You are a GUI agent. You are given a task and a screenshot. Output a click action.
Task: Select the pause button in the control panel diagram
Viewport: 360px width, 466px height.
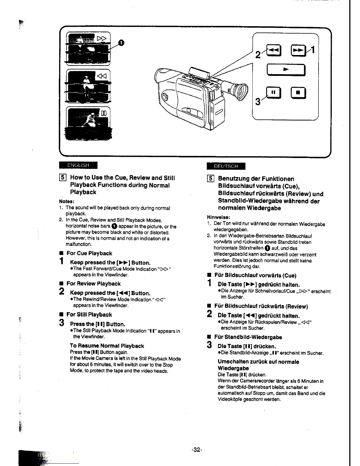coord(273,92)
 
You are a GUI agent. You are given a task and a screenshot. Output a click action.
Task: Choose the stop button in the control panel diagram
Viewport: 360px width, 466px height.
coord(298,93)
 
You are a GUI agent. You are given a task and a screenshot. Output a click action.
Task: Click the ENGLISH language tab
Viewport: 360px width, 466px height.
coord(78,166)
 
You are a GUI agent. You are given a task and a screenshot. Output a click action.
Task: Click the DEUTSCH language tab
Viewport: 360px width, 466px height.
coord(226,166)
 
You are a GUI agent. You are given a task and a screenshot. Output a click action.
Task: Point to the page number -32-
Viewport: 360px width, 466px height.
coord(196,450)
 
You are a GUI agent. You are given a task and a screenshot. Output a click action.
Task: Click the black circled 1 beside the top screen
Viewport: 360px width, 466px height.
coord(121,43)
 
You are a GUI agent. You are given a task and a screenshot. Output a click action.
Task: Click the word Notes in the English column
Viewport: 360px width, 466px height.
coord(66,202)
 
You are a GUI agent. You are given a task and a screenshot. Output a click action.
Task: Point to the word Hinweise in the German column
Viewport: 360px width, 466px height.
coord(218,217)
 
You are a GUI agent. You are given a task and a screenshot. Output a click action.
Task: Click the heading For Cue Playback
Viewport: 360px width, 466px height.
coord(89,253)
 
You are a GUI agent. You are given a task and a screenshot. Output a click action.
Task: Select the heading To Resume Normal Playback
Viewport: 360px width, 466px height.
coord(107,346)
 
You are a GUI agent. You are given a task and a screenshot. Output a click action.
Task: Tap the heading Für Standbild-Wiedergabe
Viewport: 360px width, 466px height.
coord(248,337)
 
